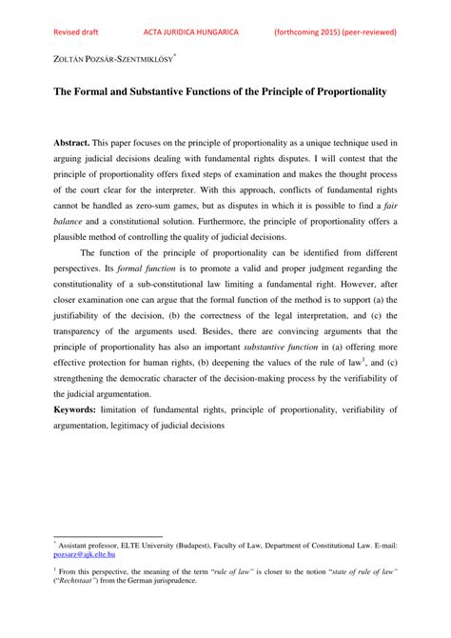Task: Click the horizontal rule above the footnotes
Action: tap(108, 534)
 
